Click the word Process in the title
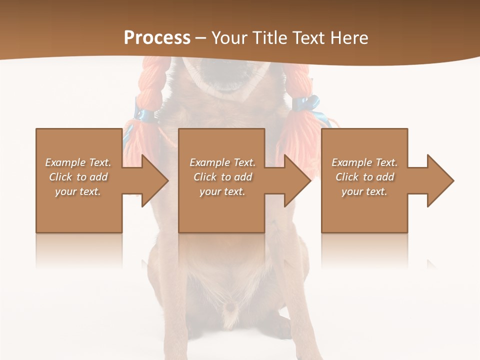[x=157, y=38]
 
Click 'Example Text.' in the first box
[x=78, y=162]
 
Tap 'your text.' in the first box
[x=78, y=191]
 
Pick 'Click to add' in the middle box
[x=223, y=177]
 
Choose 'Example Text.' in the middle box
[x=223, y=162]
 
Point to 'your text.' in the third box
[x=364, y=191]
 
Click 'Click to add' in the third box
[x=364, y=177]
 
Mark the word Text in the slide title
[x=310, y=38]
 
